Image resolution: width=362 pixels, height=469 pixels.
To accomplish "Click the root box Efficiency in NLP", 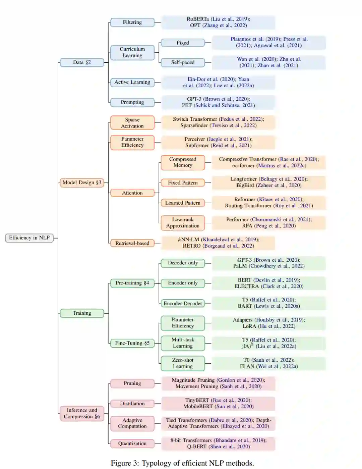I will point(29,238).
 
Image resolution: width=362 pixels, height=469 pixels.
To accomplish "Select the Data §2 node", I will point(82,62).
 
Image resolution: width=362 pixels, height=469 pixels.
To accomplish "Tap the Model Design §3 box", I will point(82,183).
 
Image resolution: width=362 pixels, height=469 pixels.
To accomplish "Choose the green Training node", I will point(82,313).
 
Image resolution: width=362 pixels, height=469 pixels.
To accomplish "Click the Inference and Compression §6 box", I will point(82,413).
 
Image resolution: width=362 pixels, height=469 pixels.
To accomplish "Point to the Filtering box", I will point(132,22).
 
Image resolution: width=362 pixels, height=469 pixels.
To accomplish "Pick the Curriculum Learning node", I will point(132,52).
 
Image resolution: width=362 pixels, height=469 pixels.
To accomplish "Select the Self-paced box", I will point(183,62).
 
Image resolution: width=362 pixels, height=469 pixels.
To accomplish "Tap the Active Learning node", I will point(132,82).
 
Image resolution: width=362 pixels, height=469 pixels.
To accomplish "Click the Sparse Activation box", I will point(132,123).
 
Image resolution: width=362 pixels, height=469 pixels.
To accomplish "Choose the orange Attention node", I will point(132,193).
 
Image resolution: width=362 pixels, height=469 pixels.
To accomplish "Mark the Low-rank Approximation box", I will point(183,223).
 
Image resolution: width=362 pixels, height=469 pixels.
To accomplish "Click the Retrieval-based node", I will point(132,243).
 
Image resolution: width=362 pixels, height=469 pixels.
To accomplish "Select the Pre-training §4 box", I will point(132,283).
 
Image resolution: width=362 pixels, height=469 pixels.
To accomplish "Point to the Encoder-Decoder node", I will point(183,304).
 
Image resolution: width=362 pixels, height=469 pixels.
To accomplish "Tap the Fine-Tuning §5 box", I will point(132,343).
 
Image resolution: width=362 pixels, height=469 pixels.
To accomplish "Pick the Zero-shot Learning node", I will point(183,363).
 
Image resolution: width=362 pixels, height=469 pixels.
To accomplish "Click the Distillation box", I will point(132,404).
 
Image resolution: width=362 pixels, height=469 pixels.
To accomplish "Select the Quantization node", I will point(132,444).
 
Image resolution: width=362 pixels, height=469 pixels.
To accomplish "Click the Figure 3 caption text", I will point(182,463).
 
